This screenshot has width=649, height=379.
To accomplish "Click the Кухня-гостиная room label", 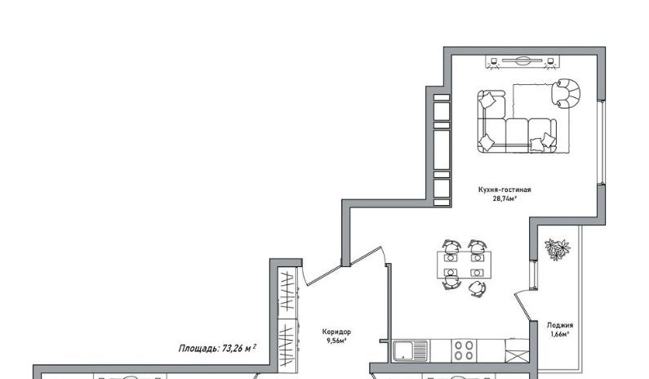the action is click(505, 189).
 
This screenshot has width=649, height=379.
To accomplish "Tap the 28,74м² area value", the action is click(505, 198).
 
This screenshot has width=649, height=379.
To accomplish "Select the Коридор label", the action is click(336, 332).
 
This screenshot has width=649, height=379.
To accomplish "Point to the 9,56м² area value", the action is click(336, 341).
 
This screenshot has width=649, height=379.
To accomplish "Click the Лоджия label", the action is click(560, 326).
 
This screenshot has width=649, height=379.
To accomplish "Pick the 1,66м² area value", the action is click(560, 334).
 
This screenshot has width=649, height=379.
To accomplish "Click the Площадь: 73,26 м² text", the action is click(217, 348).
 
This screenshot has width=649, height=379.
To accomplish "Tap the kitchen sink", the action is click(410, 350).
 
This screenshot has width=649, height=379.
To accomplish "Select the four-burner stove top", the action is click(464, 350).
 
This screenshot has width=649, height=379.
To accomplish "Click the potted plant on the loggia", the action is click(557, 249).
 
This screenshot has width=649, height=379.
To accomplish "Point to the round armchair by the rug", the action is click(567, 94).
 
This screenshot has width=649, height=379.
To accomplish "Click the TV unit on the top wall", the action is click(522, 61).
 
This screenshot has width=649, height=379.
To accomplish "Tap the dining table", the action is click(464, 265).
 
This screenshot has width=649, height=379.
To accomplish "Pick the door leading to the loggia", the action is click(522, 306).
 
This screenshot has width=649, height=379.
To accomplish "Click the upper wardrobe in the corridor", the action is click(288, 293).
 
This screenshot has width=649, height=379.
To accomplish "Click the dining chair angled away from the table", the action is click(478, 288).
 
